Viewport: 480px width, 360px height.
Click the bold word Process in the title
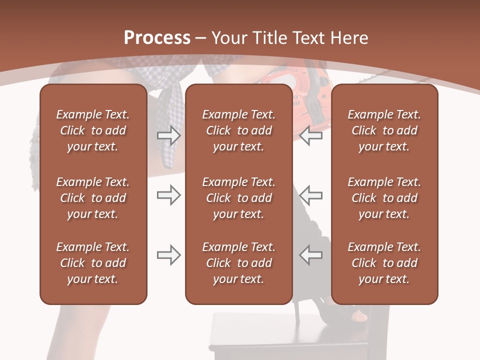pos(157,38)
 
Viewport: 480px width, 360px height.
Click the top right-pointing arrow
pos(168,135)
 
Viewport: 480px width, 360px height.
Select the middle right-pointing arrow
pos(168,195)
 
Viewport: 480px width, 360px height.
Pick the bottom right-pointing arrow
pos(168,255)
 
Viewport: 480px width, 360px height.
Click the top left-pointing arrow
pos(310,135)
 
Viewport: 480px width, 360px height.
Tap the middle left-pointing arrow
pos(310,195)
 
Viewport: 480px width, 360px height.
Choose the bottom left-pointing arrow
pos(310,255)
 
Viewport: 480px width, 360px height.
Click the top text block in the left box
pos(93,130)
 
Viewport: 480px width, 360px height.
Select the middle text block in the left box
pos(93,198)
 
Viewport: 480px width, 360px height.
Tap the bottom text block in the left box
pos(93,263)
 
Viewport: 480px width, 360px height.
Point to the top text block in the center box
pos(238,130)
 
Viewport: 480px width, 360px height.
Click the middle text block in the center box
pos(238,198)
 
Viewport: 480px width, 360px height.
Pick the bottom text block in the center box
pos(238,263)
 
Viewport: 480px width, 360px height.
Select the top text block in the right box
pos(384,130)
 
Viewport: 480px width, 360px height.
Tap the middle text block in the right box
pos(384,198)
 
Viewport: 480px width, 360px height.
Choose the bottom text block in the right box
pos(384,263)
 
